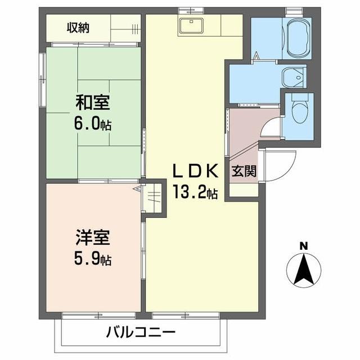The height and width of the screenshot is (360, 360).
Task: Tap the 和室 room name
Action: click(93, 103)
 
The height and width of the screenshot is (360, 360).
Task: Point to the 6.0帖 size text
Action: click(93, 124)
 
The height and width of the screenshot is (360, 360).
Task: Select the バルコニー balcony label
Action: click(141, 332)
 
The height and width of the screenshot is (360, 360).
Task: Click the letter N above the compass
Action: click(304, 245)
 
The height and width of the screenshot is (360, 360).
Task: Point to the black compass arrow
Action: click(304, 269)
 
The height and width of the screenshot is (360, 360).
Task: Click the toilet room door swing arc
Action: click(270, 128)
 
